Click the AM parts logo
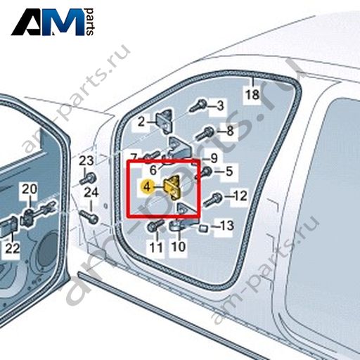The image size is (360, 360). [x=53, y=22]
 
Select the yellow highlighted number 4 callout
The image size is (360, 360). [x=147, y=187]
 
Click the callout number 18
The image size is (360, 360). [x=252, y=95]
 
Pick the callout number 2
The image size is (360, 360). [x=141, y=122]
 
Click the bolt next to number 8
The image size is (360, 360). [x=205, y=134]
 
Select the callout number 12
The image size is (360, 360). [x=240, y=195]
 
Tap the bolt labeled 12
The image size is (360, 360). [x=212, y=200]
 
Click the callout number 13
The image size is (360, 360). [x=226, y=225]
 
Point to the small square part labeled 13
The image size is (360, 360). [x=203, y=228]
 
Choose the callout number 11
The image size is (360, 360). [x=156, y=247]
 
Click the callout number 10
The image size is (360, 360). [x=179, y=247]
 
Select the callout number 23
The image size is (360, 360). [x=86, y=161]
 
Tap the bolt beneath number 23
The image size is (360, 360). [x=88, y=179]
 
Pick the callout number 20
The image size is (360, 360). [x=30, y=189]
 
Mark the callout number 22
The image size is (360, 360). [x=13, y=248]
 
